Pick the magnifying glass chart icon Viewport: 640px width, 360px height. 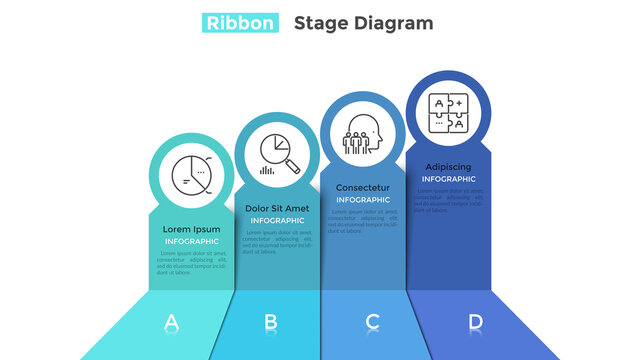277,153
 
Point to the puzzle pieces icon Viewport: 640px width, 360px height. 447,112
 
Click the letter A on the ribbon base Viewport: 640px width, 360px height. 171,322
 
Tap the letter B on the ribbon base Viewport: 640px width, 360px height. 270,322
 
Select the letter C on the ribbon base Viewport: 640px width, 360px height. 372,322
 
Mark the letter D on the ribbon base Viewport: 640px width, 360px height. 475,322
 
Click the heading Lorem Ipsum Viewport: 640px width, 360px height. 191,229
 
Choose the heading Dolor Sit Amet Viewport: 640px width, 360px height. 277,209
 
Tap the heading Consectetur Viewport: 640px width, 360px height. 363,188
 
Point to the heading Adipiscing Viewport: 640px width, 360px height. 448,167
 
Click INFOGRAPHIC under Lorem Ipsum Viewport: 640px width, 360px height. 191,241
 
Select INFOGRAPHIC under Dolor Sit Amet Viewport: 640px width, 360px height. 277,220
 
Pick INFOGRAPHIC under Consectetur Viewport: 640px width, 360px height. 363,200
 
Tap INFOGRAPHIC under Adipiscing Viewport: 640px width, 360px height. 448,179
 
